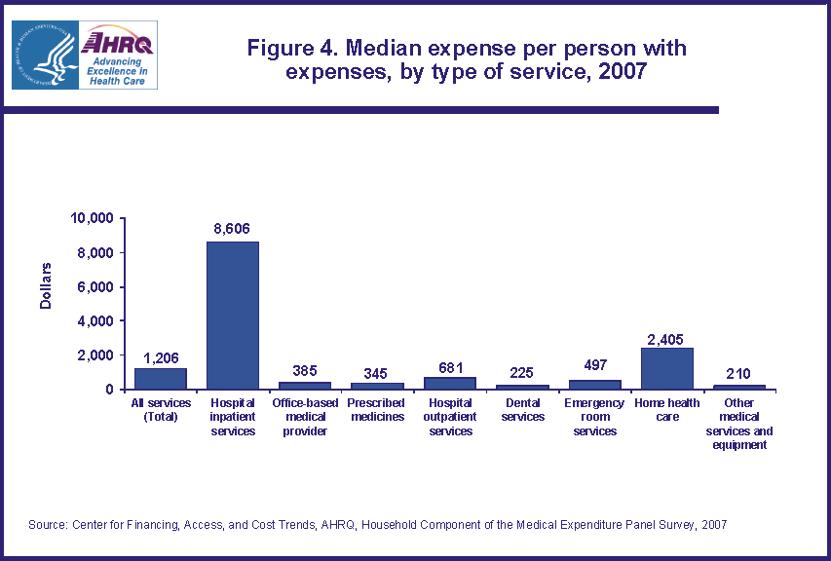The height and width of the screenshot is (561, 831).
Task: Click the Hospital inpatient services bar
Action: click(232, 316)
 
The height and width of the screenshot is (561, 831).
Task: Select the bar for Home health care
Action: click(666, 368)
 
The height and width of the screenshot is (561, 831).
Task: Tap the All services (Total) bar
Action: click(161, 378)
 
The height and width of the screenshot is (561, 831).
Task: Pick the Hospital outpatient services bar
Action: click(449, 383)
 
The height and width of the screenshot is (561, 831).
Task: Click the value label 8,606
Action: click(232, 229)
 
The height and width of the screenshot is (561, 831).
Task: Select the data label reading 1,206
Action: click(161, 356)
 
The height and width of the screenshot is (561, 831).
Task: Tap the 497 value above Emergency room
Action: click(594, 368)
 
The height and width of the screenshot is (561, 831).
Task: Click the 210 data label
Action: click(739, 373)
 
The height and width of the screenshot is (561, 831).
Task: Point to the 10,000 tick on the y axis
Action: click(94, 218)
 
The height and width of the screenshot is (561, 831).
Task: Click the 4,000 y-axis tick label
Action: click(97, 321)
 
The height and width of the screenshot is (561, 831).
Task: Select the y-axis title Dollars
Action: click(46, 286)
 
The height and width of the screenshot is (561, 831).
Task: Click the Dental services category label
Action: click(522, 410)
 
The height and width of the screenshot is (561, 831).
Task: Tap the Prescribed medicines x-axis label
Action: click(377, 410)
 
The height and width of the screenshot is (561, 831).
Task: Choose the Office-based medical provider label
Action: click(304, 417)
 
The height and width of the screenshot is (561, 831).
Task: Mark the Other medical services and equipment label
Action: click(739, 424)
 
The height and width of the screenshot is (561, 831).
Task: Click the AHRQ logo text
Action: click(118, 44)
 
